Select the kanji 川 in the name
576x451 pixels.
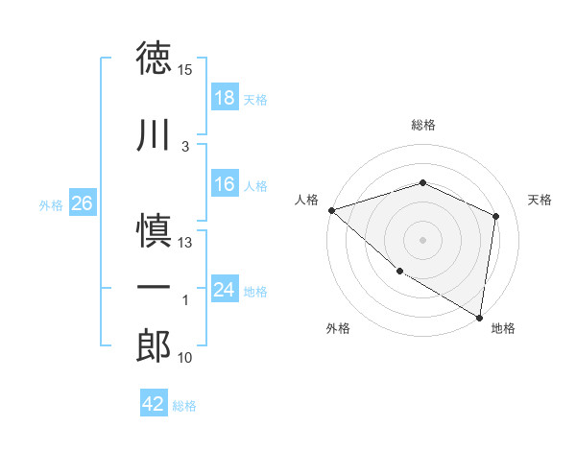click(x=155, y=137)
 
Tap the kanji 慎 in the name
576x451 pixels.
click(x=155, y=231)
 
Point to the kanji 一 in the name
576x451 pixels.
click(x=155, y=287)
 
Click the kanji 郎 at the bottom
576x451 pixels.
click(x=155, y=345)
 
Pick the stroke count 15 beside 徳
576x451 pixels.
click(x=185, y=70)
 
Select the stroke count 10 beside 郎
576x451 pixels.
click(x=185, y=358)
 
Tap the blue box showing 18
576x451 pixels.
click(x=225, y=97)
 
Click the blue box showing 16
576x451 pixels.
click(x=225, y=184)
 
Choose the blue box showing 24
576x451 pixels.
click(x=225, y=290)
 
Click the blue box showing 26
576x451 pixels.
click(x=82, y=203)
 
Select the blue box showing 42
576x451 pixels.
click(x=154, y=404)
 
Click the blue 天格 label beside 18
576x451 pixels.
click(x=255, y=99)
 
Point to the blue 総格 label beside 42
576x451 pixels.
click(x=184, y=406)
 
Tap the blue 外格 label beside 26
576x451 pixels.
click(x=51, y=205)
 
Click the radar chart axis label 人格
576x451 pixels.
click(x=307, y=199)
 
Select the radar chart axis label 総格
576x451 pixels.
click(x=423, y=125)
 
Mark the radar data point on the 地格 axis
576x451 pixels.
click(x=479, y=317)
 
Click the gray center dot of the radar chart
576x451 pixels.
click(x=422, y=239)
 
